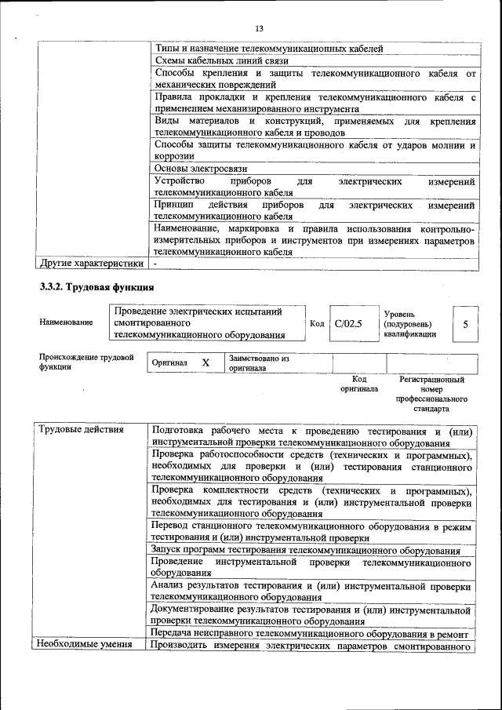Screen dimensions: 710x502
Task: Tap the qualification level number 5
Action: (x=466, y=323)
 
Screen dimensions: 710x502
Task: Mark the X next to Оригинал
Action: (x=206, y=363)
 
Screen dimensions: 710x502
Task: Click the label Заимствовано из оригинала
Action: (x=259, y=362)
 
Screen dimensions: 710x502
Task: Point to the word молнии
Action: (x=445, y=145)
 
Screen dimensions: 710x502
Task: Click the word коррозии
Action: (x=174, y=156)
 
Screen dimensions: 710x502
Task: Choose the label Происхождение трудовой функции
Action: (x=85, y=362)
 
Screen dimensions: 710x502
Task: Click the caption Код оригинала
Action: (x=359, y=384)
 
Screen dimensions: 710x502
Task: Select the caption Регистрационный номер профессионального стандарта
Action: (x=431, y=394)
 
